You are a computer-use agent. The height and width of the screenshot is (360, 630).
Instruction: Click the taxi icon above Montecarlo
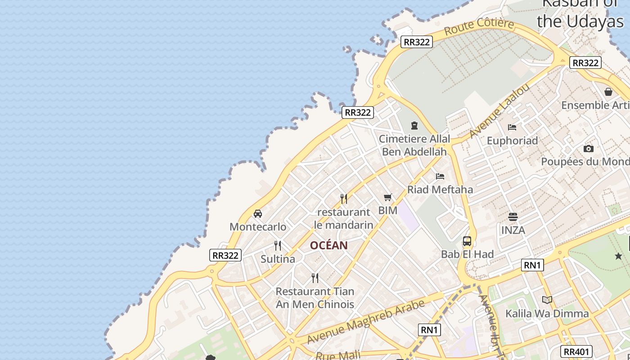pos(258,213)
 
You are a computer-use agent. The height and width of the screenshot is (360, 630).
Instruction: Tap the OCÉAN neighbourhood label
pos(328,245)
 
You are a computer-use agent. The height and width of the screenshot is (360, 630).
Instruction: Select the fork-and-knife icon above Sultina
pos(278,246)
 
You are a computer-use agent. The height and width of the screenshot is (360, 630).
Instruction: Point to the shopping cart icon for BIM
pos(388,197)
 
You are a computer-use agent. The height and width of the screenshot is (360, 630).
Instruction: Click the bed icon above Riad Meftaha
pos(440,176)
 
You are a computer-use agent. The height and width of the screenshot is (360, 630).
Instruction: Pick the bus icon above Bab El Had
pos(467,241)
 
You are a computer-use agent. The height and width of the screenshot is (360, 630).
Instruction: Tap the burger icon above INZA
pos(513,217)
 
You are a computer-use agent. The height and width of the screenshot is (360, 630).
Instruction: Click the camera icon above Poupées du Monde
pos(588,148)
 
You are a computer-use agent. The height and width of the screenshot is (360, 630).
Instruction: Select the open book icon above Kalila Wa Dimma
pos(547,300)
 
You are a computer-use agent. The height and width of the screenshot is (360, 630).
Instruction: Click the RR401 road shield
pos(576,351)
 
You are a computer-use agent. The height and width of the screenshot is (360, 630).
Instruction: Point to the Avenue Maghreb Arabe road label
pos(366,322)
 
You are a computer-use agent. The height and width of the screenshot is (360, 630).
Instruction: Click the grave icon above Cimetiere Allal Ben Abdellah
pos(414,126)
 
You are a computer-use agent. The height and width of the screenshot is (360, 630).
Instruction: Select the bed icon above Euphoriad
pos(512,127)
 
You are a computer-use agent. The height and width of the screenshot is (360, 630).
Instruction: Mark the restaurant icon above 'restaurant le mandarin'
pos(344,198)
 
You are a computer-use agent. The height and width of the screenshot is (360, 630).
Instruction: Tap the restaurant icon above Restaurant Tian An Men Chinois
pos(315,278)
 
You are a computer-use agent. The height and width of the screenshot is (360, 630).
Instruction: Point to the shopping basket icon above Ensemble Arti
pos(608,92)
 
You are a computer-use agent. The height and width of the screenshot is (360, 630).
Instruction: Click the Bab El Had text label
pos(467,254)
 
